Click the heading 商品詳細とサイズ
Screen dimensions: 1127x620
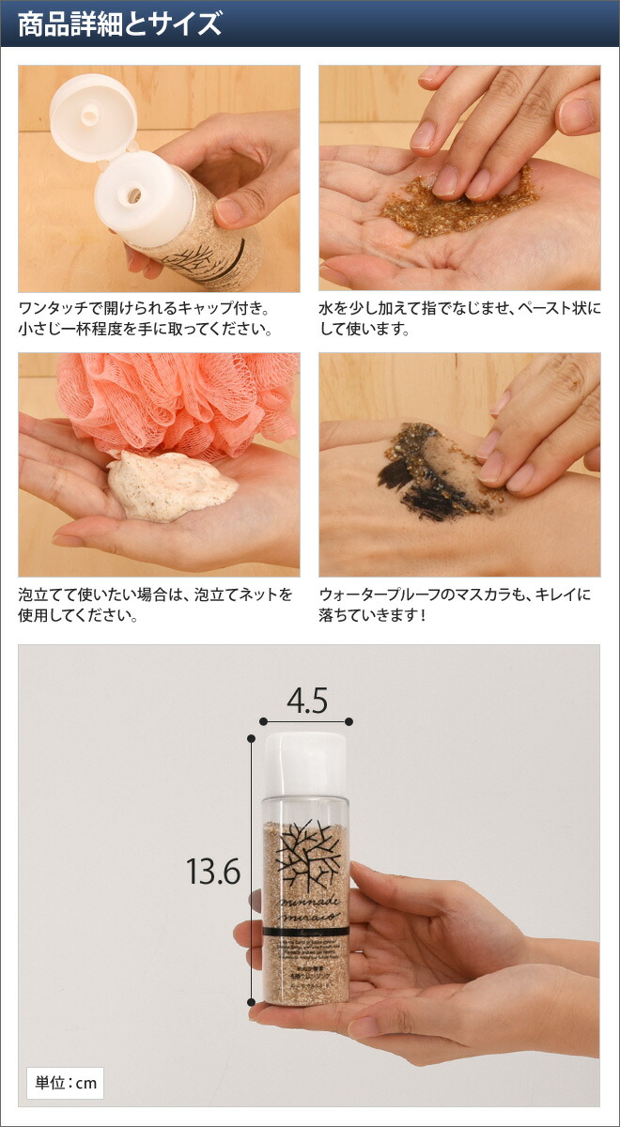(119, 23)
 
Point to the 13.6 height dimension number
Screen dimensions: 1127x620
(213, 872)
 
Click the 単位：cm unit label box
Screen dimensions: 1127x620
(65, 1083)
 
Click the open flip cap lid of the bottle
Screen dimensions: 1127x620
(92, 118)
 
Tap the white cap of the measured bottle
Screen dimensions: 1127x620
(304, 763)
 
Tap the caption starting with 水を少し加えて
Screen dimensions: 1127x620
(459, 318)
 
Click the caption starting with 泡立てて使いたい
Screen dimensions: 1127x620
(155, 606)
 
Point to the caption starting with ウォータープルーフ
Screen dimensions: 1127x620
(456, 606)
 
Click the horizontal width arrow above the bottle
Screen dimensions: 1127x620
(304, 721)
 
